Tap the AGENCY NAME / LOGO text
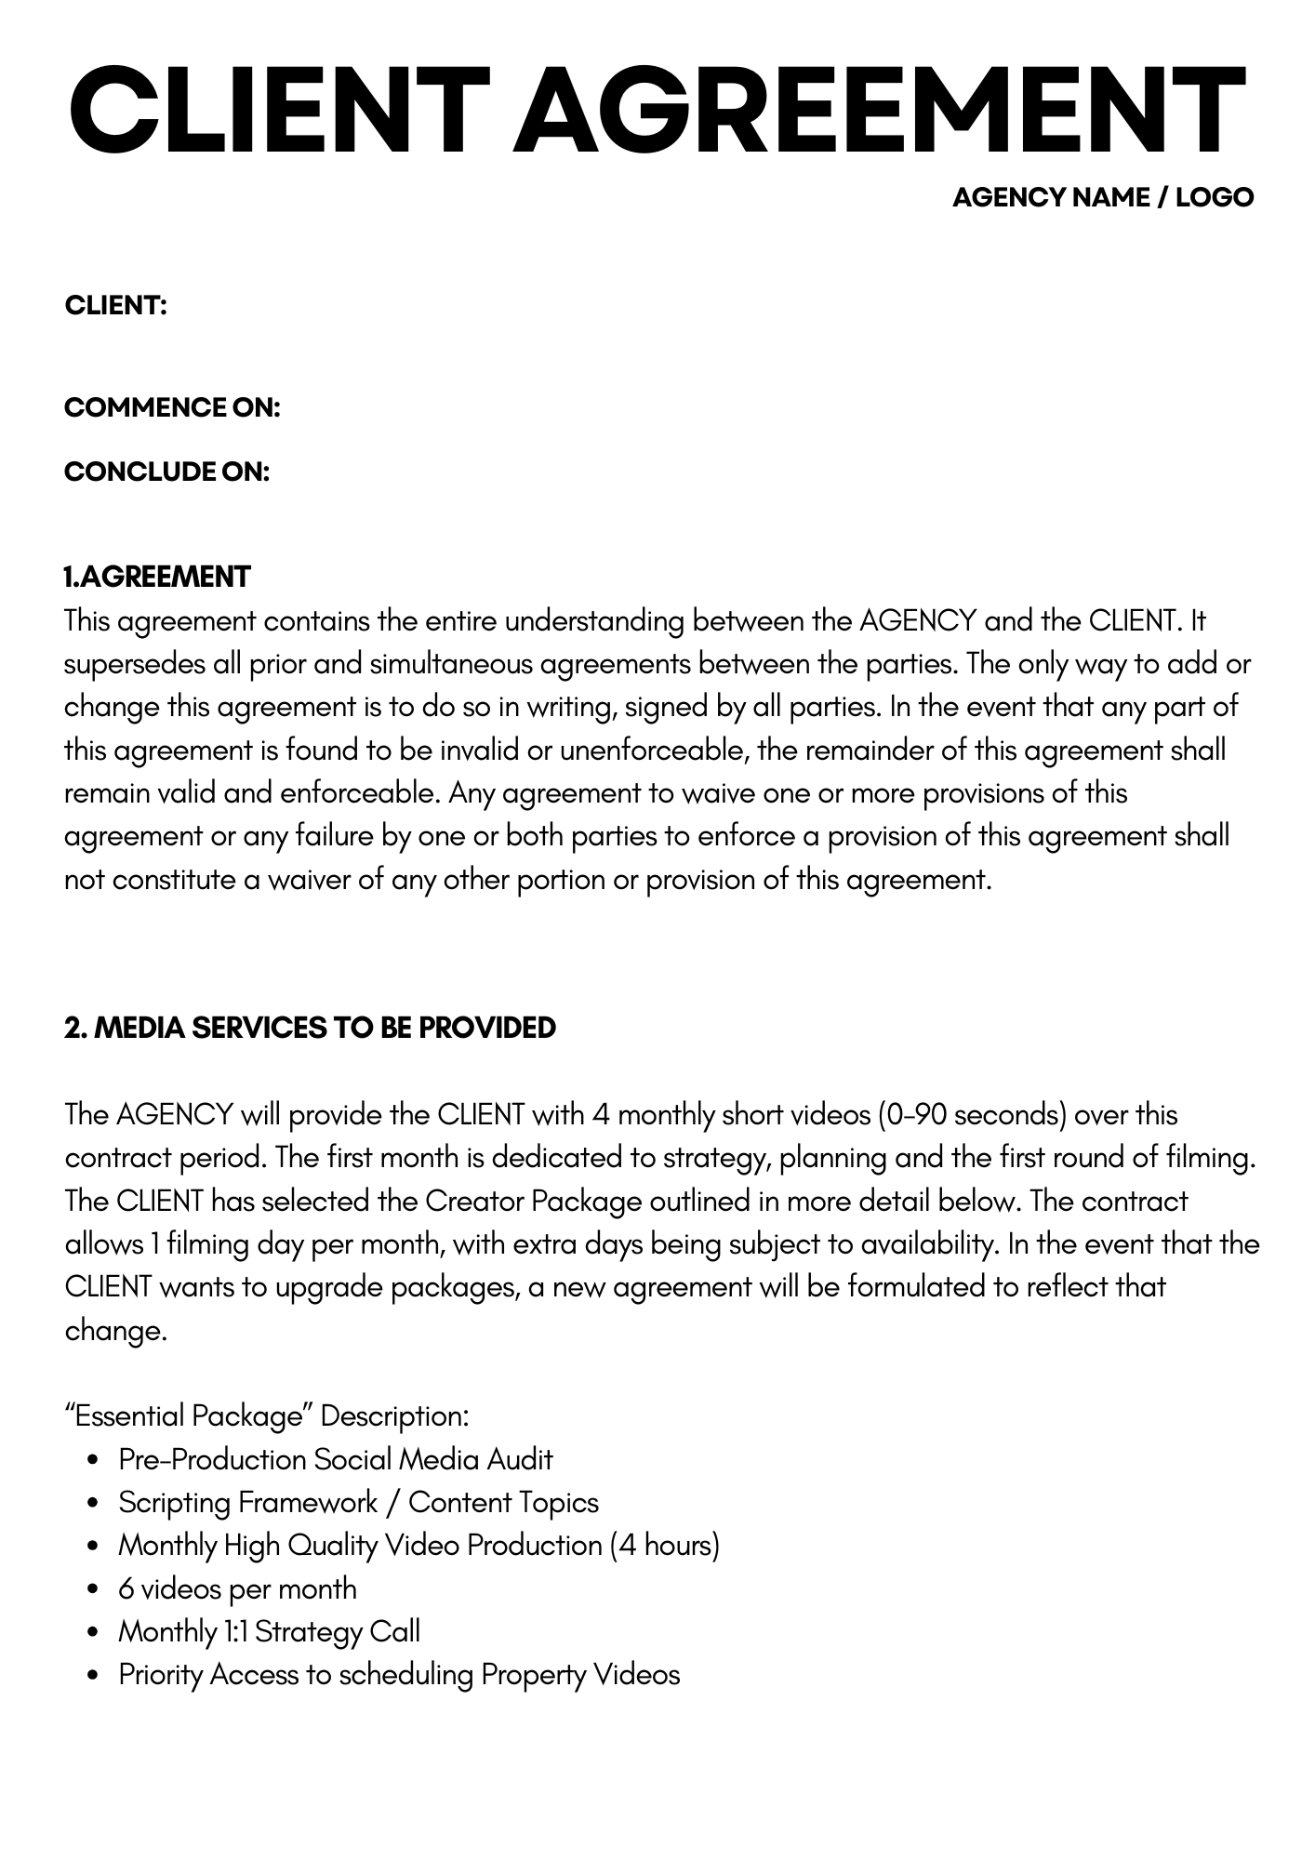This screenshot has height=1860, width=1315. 1103,197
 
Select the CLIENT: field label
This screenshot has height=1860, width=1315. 115,305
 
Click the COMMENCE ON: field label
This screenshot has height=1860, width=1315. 172,407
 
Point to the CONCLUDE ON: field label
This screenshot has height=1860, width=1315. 166,472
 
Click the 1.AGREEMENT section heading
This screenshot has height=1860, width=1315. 157,577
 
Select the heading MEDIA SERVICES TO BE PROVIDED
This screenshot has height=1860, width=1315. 325,1028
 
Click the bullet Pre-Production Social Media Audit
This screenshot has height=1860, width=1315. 335,1459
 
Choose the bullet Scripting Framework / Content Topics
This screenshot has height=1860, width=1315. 358,1502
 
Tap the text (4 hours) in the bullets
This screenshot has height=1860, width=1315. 664,1545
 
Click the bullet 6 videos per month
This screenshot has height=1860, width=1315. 237,1588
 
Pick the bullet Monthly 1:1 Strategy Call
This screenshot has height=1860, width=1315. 269,1631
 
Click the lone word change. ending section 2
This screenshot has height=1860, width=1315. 115,1330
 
